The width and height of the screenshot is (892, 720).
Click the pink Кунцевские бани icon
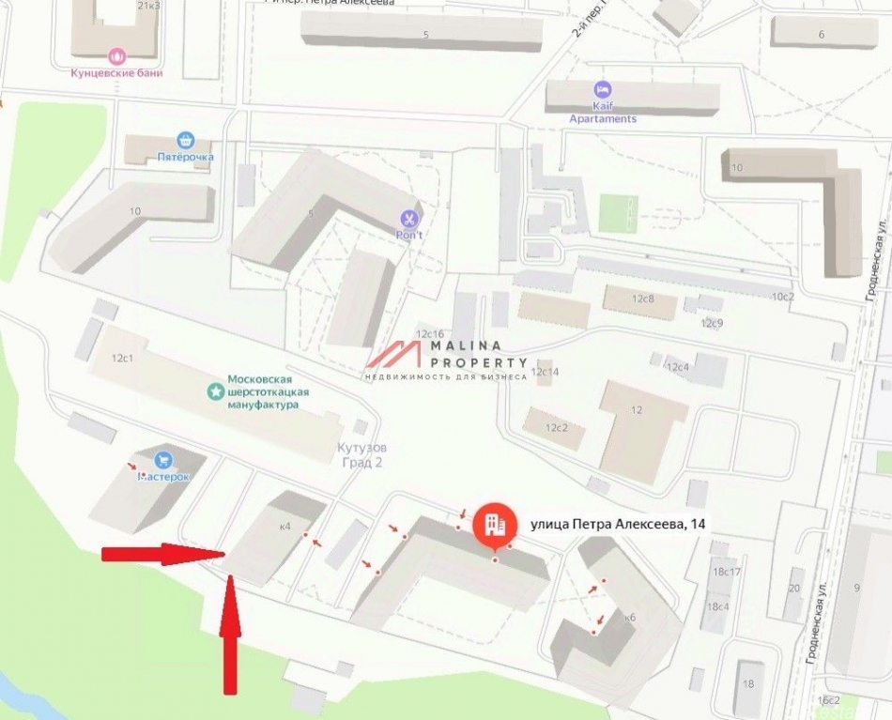pyautogui.click(x=117, y=55)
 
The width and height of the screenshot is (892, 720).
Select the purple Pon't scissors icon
pyautogui.click(x=408, y=218)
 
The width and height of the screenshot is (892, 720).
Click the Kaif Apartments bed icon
pyautogui.click(x=602, y=90)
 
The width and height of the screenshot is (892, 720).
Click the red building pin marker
pyautogui.click(x=492, y=528)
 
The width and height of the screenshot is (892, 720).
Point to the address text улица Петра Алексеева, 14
pyautogui.click(x=619, y=524)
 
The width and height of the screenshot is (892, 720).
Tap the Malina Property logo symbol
pyautogui.click(x=393, y=355)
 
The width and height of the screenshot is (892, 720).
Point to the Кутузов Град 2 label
pyautogui.click(x=362, y=455)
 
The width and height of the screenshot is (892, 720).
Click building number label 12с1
pyautogui.click(x=123, y=358)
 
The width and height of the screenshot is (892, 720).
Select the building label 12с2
pyautogui.click(x=558, y=428)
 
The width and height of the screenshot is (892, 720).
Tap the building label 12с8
pyautogui.click(x=642, y=299)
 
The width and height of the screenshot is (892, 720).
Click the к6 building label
pyautogui.click(x=630, y=618)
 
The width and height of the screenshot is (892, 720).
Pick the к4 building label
pyautogui.click(x=285, y=527)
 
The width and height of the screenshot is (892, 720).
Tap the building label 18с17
pyautogui.click(x=727, y=572)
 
